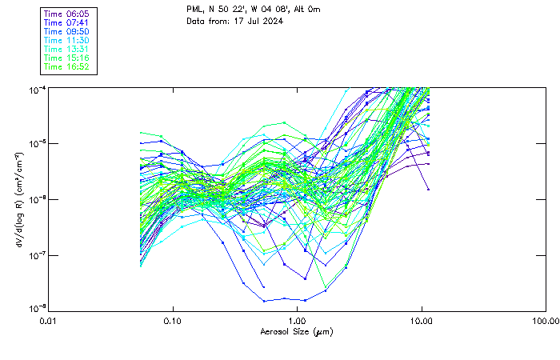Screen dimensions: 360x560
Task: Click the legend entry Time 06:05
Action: pyautogui.click(x=66, y=14)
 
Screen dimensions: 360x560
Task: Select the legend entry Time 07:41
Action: pyautogui.click(x=66, y=23)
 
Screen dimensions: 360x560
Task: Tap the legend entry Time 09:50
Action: pyautogui.click(x=66, y=32)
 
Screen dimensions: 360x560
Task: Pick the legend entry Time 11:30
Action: pyautogui.click(x=66, y=40)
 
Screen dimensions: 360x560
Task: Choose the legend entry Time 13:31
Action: pyautogui.click(x=66, y=49)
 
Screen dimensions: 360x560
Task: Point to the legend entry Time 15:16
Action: pyautogui.click(x=66, y=58)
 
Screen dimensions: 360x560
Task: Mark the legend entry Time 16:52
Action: pyautogui.click(x=66, y=66)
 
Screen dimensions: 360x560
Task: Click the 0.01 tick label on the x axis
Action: pyautogui.click(x=49, y=321)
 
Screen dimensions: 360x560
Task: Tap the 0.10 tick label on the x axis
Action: pyautogui.click(x=173, y=321)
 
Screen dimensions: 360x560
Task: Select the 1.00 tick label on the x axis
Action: pyautogui.click(x=297, y=321)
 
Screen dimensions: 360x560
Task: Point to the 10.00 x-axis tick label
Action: pyautogui.click(x=422, y=321)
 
